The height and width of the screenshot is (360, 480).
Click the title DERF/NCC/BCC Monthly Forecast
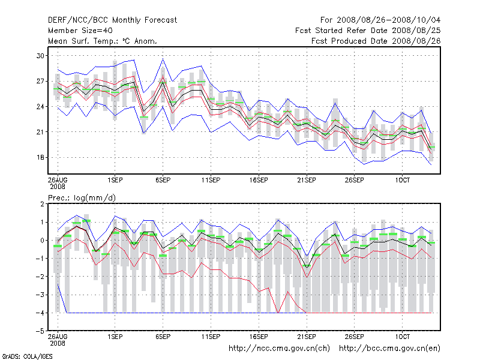112,20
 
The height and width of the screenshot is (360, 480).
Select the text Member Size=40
80,31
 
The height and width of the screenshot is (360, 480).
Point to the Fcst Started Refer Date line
368,31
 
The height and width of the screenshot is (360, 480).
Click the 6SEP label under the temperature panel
162,179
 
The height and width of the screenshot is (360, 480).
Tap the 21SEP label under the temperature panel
306,179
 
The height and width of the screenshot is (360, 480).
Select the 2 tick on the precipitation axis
43,204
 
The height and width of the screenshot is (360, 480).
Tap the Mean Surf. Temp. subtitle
103,41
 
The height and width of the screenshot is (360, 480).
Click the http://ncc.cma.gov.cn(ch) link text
280,348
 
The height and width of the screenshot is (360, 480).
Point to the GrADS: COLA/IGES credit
20,356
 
